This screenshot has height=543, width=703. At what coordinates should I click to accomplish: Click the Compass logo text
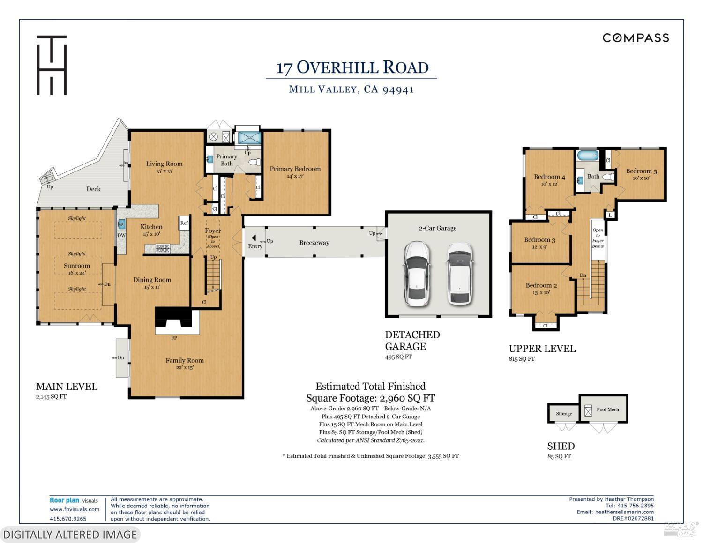[x=636, y=38]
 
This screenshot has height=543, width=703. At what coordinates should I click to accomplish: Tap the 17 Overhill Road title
[x=352, y=67]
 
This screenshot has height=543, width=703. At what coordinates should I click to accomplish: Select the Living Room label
[x=164, y=164]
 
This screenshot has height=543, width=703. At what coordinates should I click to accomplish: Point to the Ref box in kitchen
[x=184, y=223]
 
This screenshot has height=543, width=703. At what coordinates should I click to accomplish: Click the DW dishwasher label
[x=121, y=236]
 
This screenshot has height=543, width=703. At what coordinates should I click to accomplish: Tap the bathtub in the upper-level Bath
[x=587, y=156]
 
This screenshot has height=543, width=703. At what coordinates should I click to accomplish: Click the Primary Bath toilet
[x=254, y=163]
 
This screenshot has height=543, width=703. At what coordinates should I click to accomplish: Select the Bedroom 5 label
[x=641, y=171]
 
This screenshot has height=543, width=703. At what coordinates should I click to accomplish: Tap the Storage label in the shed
[x=564, y=414]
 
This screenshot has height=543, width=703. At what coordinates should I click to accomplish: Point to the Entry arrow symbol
[x=254, y=238]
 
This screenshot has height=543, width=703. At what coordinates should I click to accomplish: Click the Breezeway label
[x=314, y=243]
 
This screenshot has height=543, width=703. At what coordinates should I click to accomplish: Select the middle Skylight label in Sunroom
[x=77, y=253]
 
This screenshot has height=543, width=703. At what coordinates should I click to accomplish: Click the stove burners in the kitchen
[x=163, y=248]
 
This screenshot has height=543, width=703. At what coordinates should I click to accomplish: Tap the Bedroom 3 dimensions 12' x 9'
[x=539, y=247]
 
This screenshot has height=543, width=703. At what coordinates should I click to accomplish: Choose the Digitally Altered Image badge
[x=70, y=535]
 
